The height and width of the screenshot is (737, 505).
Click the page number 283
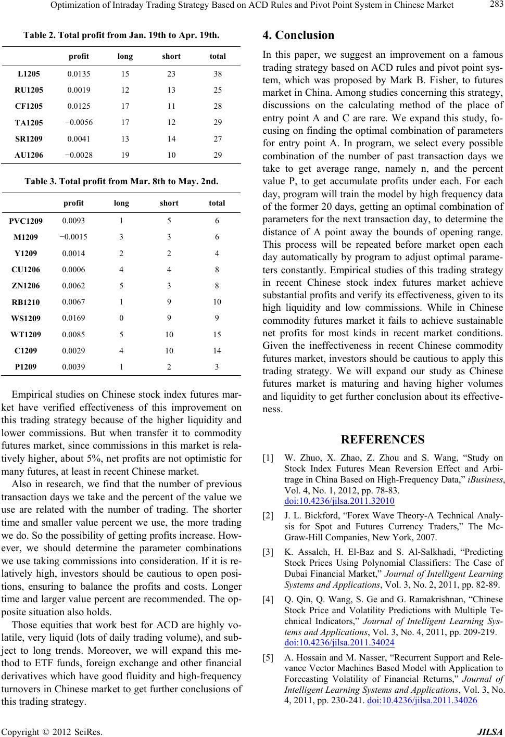[x=495, y=6]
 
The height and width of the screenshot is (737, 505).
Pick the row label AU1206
[x=29, y=155]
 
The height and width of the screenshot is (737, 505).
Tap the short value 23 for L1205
[x=171, y=74]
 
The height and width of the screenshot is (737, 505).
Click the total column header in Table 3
[x=217, y=203]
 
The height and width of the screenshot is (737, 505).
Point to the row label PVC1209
[x=29, y=221]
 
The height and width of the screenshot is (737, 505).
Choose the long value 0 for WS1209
[x=121, y=317]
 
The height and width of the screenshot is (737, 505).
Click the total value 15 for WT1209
[x=217, y=334]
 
